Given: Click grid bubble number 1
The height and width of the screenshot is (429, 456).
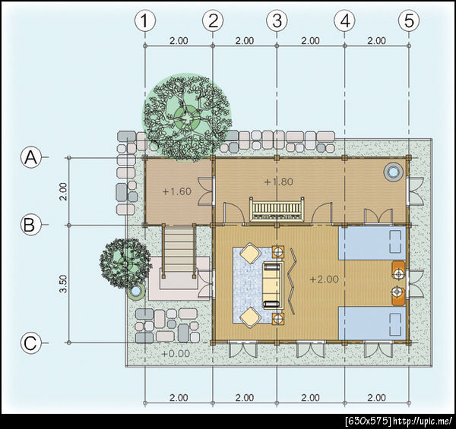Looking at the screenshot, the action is click(x=145, y=21).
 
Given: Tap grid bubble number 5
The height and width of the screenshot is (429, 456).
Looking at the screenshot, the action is click(x=409, y=21).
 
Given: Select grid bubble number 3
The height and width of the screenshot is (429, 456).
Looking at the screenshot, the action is click(x=277, y=21).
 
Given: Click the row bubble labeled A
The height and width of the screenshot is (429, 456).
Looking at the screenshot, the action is click(x=31, y=158).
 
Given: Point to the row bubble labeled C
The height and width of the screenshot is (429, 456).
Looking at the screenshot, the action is click(x=30, y=343).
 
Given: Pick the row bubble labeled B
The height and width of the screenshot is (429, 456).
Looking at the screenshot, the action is click(x=30, y=225).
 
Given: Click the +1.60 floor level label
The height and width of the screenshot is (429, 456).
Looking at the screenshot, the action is click(x=177, y=191).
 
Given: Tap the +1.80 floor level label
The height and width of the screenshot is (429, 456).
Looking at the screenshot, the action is click(x=279, y=181).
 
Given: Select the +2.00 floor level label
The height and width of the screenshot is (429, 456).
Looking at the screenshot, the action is click(x=325, y=279).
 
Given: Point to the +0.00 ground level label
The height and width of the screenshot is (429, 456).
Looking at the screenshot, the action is click(x=176, y=354).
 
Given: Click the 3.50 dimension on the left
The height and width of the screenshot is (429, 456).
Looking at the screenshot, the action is click(x=63, y=284).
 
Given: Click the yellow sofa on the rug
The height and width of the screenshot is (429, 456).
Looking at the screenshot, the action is click(x=273, y=285).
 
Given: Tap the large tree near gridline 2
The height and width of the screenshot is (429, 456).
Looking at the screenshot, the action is click(x=187, y=118).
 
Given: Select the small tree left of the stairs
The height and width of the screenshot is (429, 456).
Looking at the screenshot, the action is click(x=125, y=263).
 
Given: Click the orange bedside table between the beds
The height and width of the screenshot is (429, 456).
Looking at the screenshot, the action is click(x=398, y=283).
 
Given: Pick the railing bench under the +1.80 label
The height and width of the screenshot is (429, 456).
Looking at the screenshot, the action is click(x=277, y=209).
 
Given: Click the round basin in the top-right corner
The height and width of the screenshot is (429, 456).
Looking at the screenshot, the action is click(x=394, y=172).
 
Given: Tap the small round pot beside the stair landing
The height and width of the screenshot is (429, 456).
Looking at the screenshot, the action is click(x=135, y=291).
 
